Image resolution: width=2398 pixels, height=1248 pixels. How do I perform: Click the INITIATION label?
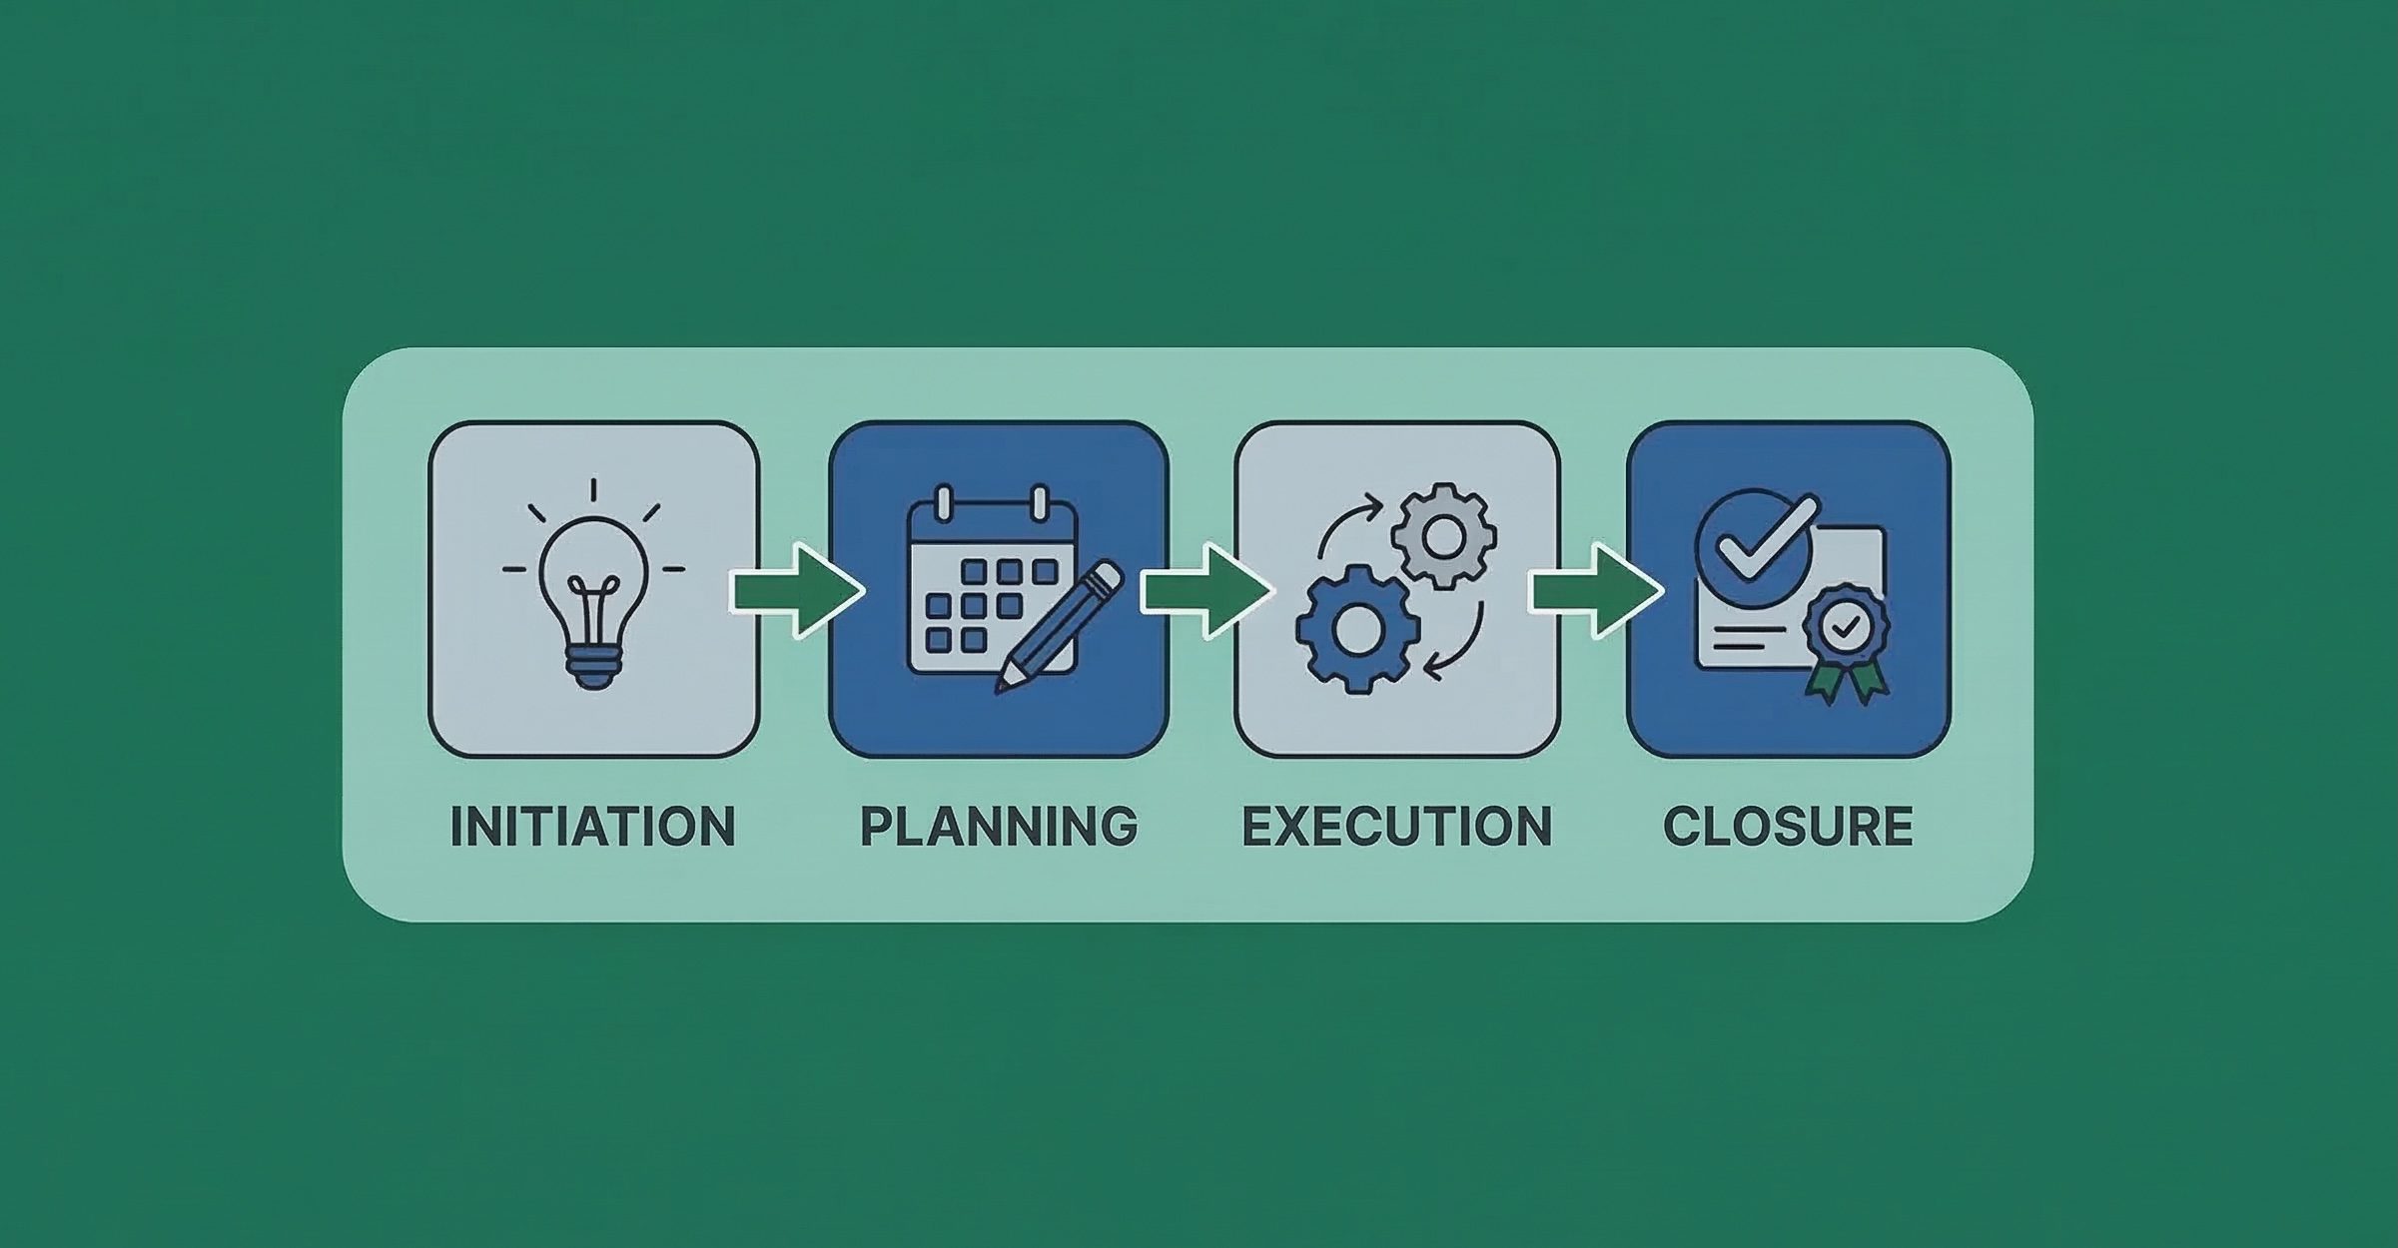click(x=592, y=827)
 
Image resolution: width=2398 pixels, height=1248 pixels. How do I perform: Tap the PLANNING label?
click(x=999, y=827)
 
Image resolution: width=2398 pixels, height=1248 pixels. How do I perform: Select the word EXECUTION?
click(x=1396, y=827)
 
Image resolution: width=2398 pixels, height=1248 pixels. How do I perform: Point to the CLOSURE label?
click(x=1788, y=827)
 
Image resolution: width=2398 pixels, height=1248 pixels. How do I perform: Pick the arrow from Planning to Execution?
click(x=1204, y=591)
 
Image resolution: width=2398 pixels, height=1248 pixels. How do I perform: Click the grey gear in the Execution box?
click(x=1443, y=536)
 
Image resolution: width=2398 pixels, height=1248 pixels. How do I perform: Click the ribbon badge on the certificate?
click(x=1847, y=627)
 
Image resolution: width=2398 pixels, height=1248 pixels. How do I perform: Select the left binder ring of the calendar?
click(x=943, y=503)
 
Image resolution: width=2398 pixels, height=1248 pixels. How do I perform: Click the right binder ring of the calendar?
click(x=1040, y=503)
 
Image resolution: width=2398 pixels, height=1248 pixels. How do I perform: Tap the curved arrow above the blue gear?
click(x=1348, y=524)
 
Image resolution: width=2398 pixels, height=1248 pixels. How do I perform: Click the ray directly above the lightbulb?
click(x=593, y=490)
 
